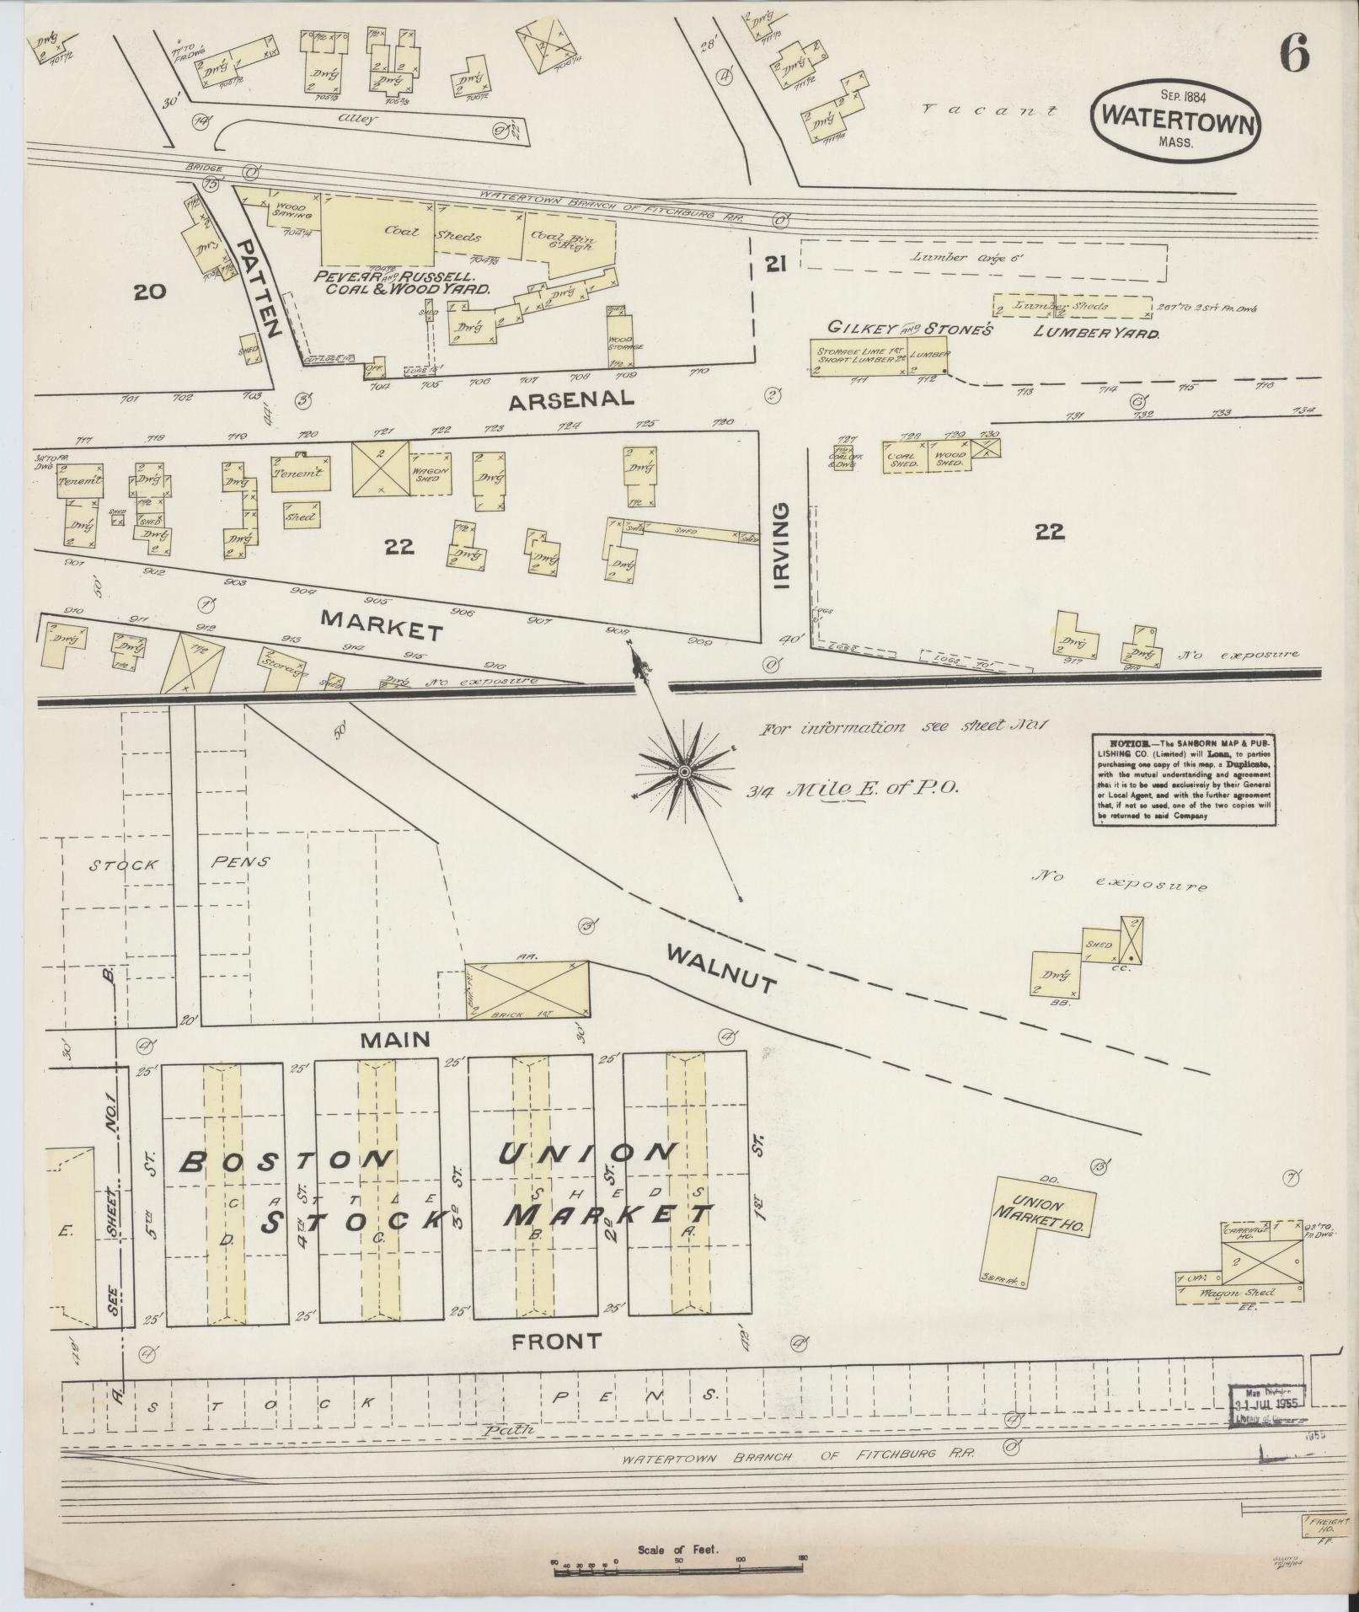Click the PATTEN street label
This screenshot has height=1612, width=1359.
[x=260, y=287]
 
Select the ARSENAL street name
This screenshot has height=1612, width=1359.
[x=571, y=399]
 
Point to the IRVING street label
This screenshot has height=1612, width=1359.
[x=782, y=546]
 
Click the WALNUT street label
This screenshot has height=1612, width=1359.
[x=720, y=969]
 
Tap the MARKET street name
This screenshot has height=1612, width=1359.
[x=382, y=629]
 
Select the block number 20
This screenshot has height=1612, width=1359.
[x=150, y=292]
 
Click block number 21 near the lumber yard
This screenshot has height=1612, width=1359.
[x=776, y=265]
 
